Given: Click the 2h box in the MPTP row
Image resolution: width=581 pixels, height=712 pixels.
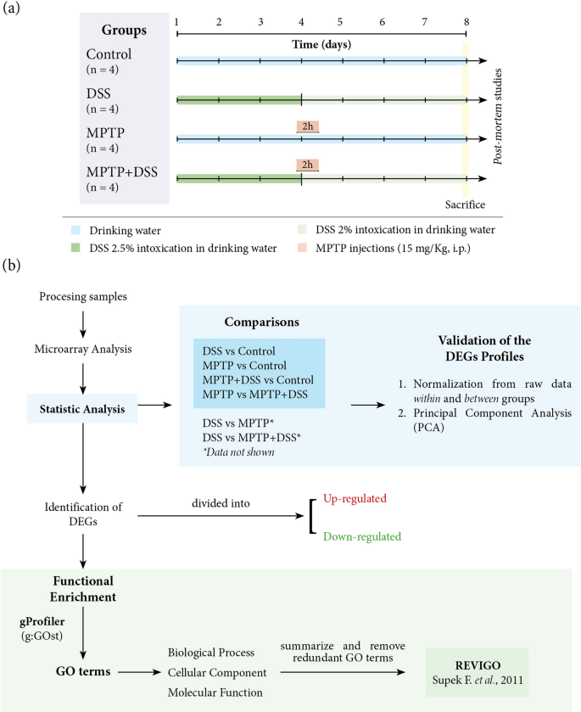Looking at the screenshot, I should click(307, 126).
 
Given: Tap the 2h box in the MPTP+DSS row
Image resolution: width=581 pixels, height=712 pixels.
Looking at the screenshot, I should click(307, 165).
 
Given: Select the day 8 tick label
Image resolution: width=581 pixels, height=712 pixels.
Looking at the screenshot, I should click(465, 20).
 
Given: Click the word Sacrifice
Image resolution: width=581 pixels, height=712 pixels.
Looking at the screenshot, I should click(466, 205).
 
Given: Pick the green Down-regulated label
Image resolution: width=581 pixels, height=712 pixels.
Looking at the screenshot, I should click(361, 536).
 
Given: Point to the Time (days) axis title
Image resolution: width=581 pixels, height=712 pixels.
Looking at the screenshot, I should click(321, 44).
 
